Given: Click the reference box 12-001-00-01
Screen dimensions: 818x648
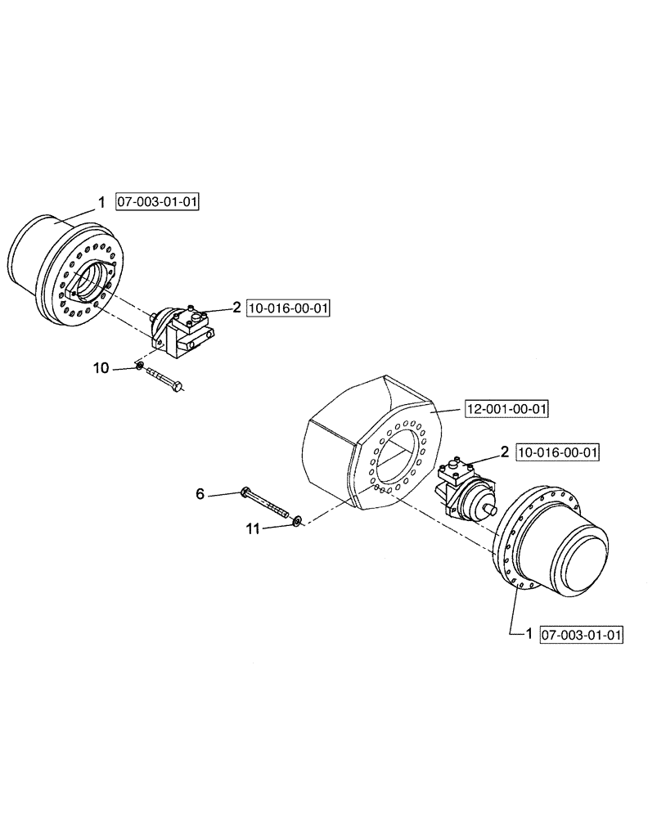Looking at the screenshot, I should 506,408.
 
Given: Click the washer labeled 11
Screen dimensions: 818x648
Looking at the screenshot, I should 296,520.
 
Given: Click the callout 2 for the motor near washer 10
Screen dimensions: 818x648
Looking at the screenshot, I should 236,308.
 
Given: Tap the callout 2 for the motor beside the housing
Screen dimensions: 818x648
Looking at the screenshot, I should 505,452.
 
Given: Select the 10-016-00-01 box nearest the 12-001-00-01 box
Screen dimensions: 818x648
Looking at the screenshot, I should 557,452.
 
